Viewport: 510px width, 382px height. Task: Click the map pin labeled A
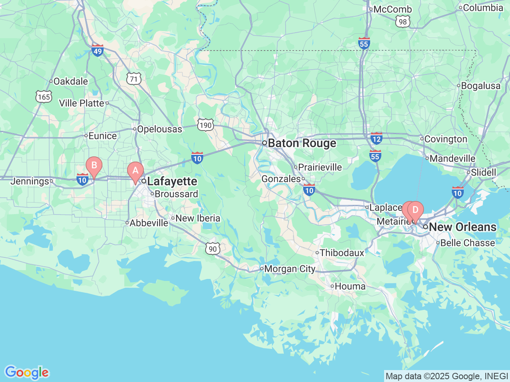(135, 171)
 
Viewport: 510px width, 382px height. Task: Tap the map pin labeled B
(94, 165)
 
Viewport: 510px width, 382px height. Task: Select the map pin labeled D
(416, 210)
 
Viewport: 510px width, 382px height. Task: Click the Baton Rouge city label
(302, 143)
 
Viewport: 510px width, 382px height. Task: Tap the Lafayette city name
(172, 181)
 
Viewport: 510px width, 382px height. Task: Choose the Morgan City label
(289, 269)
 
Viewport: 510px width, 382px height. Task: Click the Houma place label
(350, 286)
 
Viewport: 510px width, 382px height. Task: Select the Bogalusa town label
(481, 86)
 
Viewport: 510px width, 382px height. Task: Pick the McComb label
(392, 10)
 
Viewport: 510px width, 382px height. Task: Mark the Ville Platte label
(81, 103)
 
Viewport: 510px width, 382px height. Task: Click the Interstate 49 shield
(98, 50)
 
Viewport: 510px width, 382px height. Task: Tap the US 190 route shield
(206, 125)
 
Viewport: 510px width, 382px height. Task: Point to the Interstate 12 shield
(376, 138)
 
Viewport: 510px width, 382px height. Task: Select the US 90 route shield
(213, 249)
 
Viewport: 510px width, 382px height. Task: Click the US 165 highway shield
(43, 97)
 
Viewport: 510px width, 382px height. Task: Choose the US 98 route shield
(403, 21)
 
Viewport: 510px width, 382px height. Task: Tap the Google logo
(27, 373)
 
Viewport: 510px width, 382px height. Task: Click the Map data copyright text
(447, 376)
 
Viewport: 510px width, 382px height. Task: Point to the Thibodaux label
(342, 253)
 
